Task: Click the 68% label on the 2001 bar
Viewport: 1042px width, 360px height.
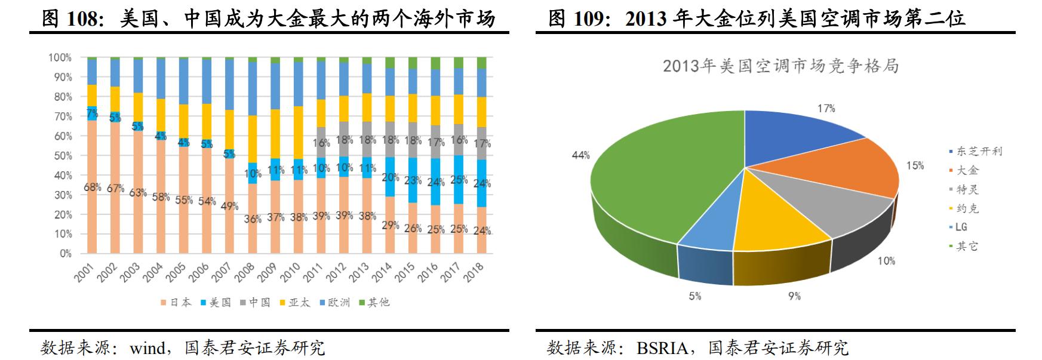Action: (92, 187)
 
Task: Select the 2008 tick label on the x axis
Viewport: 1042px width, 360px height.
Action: (245, 273)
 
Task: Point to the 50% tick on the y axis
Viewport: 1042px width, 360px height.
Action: (60, 156)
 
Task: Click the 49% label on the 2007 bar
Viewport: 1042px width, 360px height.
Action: (229, 207)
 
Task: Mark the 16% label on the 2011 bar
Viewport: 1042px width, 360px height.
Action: (321, 143)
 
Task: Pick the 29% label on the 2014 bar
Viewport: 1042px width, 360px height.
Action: (390, 225)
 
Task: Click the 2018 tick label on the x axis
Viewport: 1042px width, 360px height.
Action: (475, 273)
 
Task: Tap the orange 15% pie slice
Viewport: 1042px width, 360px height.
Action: (836, 167)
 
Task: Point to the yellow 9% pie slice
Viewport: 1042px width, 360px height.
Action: (776, 221)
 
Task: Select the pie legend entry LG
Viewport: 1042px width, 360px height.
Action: (961, 227)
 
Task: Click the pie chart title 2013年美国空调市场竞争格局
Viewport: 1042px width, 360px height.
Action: (780, 66)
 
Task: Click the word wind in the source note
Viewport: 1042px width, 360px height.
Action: (148, 348)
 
